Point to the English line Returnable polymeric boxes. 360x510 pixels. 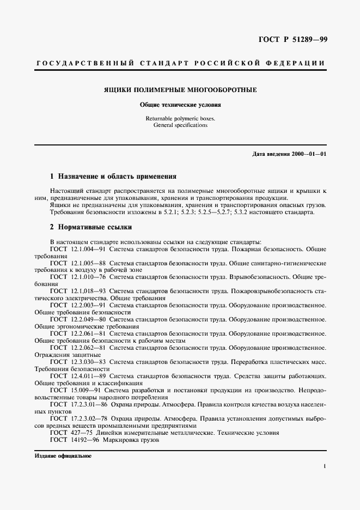pyautogui.click(x=180, y=118)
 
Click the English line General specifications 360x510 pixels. pyautogui.click(x=180, y=125)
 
